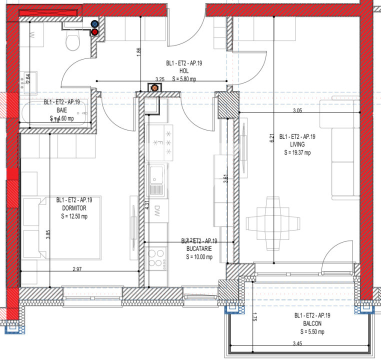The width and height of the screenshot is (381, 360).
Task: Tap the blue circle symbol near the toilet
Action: tap(94, 23)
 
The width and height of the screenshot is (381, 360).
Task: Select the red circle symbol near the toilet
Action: tap(94, 32)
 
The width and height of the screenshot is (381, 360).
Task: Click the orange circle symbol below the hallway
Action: tap(154, 88)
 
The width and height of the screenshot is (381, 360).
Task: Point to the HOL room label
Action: tap(183, 71)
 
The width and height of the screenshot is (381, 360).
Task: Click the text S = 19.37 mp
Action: tap(297, 152)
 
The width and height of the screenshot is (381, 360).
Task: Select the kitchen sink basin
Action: tap(156, 175)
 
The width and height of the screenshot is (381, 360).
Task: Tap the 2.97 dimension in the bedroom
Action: tap(77, 269)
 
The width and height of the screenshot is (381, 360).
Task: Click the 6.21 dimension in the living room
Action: tap(272, 138)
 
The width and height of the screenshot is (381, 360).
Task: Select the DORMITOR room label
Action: tap(77, 207)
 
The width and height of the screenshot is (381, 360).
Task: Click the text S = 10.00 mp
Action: tap(199, 257)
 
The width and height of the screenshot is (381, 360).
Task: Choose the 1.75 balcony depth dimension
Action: tap(254, 316)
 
